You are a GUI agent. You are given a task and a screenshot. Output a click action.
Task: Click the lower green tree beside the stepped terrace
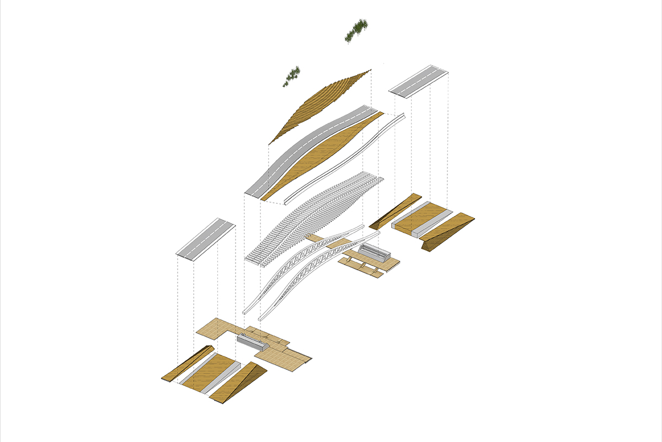(x=292, y=76)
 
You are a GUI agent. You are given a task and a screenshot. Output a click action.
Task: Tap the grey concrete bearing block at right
(x=375, y=254)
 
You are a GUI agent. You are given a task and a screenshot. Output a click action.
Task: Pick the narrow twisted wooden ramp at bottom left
(x=188, y=364)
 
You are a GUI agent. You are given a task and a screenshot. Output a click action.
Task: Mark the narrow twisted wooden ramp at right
(x=394, y=211)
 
